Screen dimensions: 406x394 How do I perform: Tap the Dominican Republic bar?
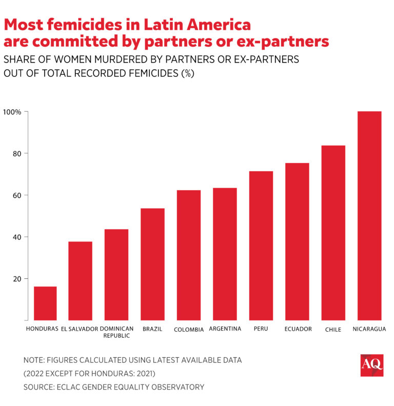pyautogui.click(x=116, y=274)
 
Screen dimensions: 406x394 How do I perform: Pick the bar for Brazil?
pyautogui.click(x=152, y=264)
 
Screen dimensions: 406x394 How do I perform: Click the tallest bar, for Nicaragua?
pyautogui.click(x=369, y=215)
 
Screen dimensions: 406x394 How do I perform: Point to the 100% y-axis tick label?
pyautogui.click(x=12, y=112)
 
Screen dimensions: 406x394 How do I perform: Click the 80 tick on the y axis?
pyautogui.click(x=15, y=153)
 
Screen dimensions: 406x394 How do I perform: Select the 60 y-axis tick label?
pyautogui.click(x=15, y=195)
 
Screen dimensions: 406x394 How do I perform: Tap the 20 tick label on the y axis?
pyautogui.click(x=15, y=279)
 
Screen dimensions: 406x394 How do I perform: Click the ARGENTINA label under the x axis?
pyautogui.click(x=225, y=329)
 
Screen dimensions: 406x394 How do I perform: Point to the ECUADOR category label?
pyautogui.click(x=298, y=329)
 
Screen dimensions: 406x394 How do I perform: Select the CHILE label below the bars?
pyautogui.click(x=333, y=330)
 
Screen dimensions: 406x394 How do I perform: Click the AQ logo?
pyautogui.click(x=371, y=365)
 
